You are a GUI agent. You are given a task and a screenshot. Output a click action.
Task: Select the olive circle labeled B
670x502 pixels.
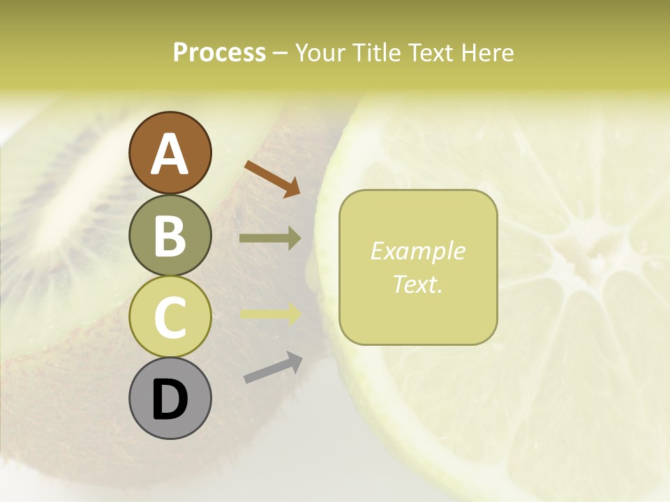pyautogui.click(x=170, y=235)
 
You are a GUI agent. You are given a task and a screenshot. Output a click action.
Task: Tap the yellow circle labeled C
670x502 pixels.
pyautogui.click(x=170, y=317)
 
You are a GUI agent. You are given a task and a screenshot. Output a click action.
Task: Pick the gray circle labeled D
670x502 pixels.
pyautogui.click(x=170, y=398)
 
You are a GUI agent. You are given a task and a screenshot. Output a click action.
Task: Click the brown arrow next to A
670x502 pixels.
pyautogui.click(x=272, y=178)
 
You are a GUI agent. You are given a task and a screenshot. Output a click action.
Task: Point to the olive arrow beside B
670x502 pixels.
pyautogui.click(x=270, y=238)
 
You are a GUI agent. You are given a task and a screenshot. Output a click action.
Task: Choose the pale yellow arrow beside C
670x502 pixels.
pyautogui.click(x=270, y=314)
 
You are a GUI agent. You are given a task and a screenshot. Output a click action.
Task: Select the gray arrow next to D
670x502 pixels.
pyautogui.click(x=273, y=367)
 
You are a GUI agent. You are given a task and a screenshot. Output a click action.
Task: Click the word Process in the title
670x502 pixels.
pyautogui.click(x=219, y=52)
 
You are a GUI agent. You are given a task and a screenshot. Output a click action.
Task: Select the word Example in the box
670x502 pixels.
pyautogui.click(x=417, y=251)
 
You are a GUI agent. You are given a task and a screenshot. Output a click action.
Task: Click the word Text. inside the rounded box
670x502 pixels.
pyautogui.click(x=417, y=284)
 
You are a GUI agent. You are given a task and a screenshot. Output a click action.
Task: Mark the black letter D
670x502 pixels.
pyautogui.click(x=170, y=400)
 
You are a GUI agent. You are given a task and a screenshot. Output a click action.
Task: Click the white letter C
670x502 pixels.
pyautogui.click(x=170, y=317)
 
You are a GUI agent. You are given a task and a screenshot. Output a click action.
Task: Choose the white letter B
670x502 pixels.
pyautogui.click(x=170, y=236)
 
